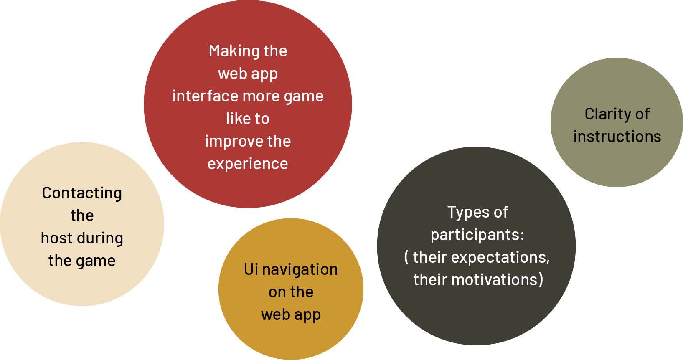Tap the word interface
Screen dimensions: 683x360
205,96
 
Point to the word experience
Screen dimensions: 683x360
248,164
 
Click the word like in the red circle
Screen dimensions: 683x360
236,119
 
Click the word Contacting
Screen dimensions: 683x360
82,193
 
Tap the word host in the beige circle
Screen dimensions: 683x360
57,238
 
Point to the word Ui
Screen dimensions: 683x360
251,269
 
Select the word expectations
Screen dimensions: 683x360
500,258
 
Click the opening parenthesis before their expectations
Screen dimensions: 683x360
406,257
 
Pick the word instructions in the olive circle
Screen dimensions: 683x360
617,137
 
